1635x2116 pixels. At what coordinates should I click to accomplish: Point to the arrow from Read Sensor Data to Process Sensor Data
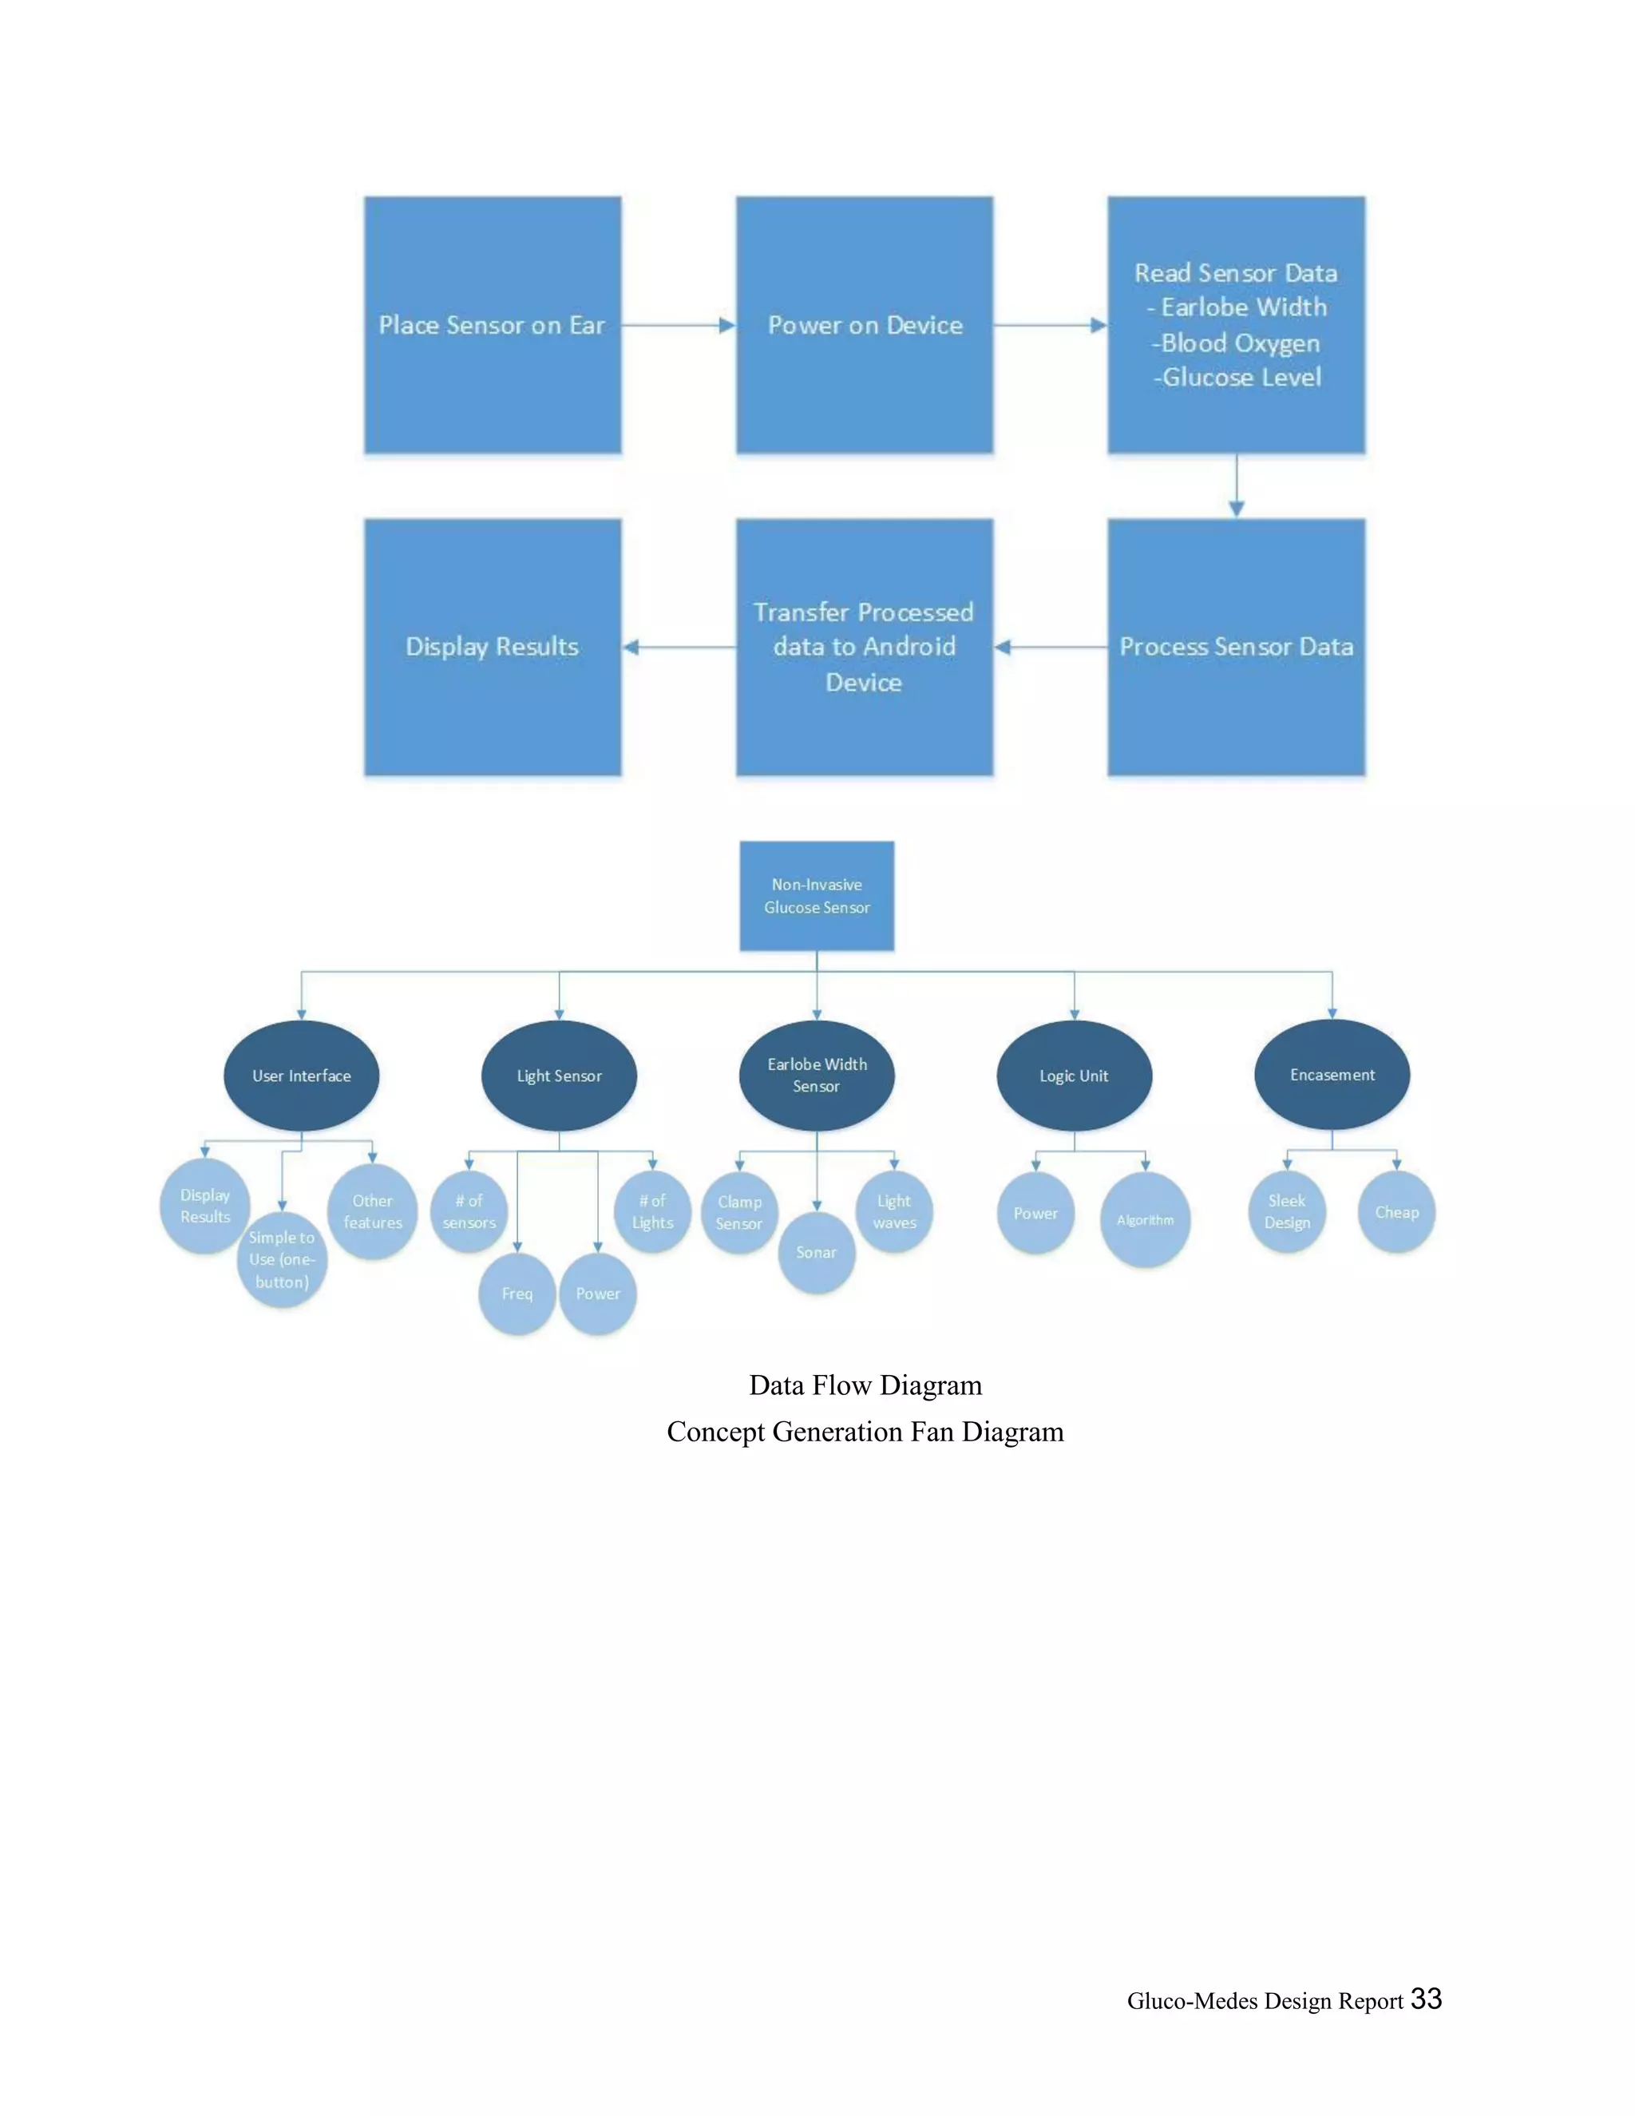(1236, 485)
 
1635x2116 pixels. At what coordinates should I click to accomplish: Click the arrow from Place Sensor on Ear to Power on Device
(678, 326)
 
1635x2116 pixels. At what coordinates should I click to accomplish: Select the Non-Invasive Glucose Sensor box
(817, 895)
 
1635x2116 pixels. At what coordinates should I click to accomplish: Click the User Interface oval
(301, 1076)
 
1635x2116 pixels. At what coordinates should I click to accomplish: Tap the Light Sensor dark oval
(559, 1076)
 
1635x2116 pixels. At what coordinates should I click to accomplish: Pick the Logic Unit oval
(1075, 1076)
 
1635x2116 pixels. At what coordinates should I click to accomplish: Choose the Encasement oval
(1332, 1075)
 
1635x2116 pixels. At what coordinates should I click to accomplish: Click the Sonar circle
(817, 1253)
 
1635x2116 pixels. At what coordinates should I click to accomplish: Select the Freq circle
(517, 1294)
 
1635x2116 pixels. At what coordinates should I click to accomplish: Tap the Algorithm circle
(1145, 1220)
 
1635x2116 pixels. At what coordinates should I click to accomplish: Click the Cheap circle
(1395, 1212)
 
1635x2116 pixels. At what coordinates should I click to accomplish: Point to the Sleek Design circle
(1286, 1211)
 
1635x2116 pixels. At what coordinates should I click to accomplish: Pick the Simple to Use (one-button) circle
(282, 1259)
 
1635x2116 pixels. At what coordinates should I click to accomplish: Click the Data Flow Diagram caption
(865, 1385)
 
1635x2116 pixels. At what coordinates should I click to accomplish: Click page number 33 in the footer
(1426, 1999)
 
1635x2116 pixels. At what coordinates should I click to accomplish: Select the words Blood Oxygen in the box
(1239, 343)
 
